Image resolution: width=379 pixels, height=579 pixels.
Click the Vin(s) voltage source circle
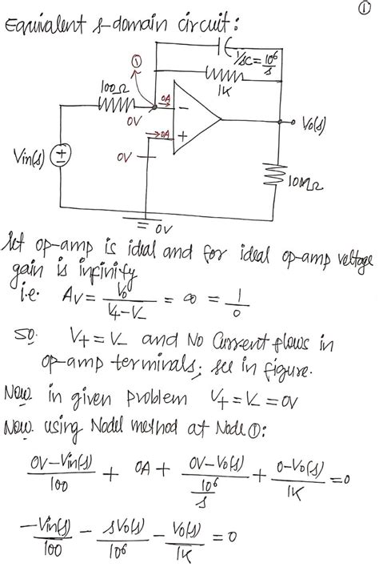(x=60, y=155)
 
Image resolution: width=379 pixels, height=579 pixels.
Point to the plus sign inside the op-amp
(x=182, y=137)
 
